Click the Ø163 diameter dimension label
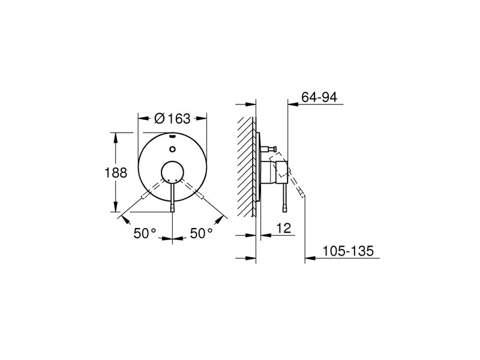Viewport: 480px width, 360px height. tap(172, 118)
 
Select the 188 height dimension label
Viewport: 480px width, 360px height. tap(116, 173)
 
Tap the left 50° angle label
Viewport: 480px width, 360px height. tap(145, 233)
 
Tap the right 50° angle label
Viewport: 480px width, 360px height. tap(201, 233)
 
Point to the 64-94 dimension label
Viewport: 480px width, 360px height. tap(319, 97)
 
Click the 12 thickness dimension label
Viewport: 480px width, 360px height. tap(283, 228)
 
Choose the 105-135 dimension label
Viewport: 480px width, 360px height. tap(349, 251)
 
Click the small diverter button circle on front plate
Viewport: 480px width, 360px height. tap(172, 149)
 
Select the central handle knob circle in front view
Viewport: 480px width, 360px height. tap(173, 172)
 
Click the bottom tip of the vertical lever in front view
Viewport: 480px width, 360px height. tap(173, 211)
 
